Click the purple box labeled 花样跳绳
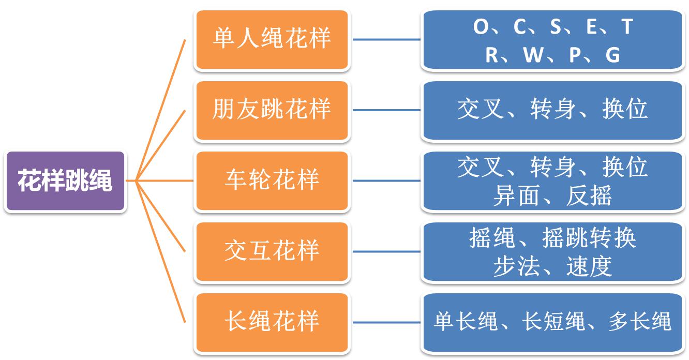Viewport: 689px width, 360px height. pyautogui.click(x=65, y=181)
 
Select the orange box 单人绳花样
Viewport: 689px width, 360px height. pyautogui.click(x=272, y=40)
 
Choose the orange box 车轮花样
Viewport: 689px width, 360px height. pyautogui.click(x=272, y=181)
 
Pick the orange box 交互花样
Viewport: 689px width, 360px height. pyautogui.click(x=272, y=252)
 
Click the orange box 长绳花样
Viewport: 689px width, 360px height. pyautogui.click(x=272, y=322)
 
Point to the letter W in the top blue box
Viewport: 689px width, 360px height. pyautogui.click(x=533, y=55)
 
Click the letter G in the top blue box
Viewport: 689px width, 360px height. pyautogui.click(x=613, y=55)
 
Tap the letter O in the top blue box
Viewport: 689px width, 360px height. pyautogui.click(x=481, y=26)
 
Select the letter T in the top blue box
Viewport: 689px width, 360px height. pyautogui.click(x=627, y=26)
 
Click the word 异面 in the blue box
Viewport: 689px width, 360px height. pyautogui.click(x=516, y=196)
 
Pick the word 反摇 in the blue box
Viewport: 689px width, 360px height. pyautogui.click(x=589, y=196)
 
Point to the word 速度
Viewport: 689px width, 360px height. pyautogui.click(x=589, y=266)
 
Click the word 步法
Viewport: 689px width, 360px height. pyautogui.click(x=516, y=266)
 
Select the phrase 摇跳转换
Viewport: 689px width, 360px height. pyautogui.click(x=589, y=237)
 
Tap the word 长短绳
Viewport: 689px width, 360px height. pyautogui.click(x=553, y=321)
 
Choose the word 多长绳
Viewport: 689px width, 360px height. pyautogui.click(x=640, y=321)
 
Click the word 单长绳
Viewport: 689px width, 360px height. pyautogui.click(x=466, y=321)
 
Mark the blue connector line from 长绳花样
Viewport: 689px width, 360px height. pyautogui.click(x=386, y=322)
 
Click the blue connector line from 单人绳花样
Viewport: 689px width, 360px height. pyautogui.click(x=386, y=39)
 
